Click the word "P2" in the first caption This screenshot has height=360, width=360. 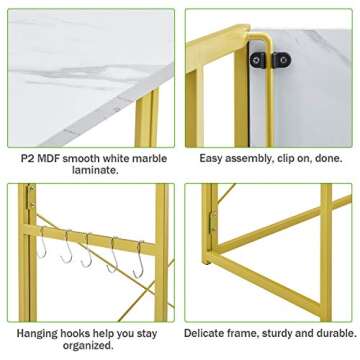(x=27, y=158)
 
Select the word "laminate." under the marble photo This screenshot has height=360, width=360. (x=95, y=170)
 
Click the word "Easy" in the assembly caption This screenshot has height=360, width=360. (x=211, y=159)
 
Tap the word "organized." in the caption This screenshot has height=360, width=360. (x=88, y=346)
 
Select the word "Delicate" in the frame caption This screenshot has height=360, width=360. (x=202, y=333)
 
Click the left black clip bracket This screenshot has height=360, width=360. (x=258, y=61)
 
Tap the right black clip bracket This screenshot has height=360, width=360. (x=283, y=61)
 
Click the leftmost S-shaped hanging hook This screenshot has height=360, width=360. (x=41, y=243)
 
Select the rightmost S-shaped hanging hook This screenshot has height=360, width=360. (x=139, y=259)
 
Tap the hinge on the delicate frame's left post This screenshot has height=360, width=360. (x=212, y=221)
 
